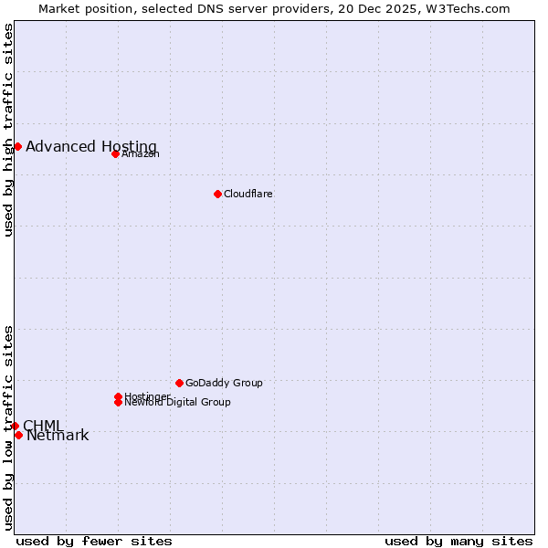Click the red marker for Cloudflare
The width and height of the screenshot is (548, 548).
(x=217, y=194)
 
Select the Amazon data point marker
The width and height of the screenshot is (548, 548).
(x=115, y=153)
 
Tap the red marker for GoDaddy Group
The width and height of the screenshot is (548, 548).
(x=179, y=383)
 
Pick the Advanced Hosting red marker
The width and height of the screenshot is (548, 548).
(x=17, y=146)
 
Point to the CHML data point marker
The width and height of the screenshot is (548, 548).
(x=15, y=426)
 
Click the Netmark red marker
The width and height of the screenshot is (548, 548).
(x=18, y=435)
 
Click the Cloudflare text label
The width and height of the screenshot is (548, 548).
(x=248, y=194)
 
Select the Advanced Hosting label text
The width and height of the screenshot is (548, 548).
(x=90, y=146)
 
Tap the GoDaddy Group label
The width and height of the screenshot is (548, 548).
(x=224, y=383)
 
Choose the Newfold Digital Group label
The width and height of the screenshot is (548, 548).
(x=177, y=402)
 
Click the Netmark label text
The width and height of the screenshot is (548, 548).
(x=58, y=436)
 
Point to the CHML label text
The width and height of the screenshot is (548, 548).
(x=43, y=426)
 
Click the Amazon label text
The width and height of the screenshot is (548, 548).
(x=141, y=153)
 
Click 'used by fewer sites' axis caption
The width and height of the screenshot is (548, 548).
(x=94, y=541)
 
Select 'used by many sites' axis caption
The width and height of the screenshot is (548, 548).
(x=458, y=541)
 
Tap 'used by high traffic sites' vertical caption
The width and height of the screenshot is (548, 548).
(x=9, y=130)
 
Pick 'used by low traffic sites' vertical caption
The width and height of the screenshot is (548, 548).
(x=9, y=427)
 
